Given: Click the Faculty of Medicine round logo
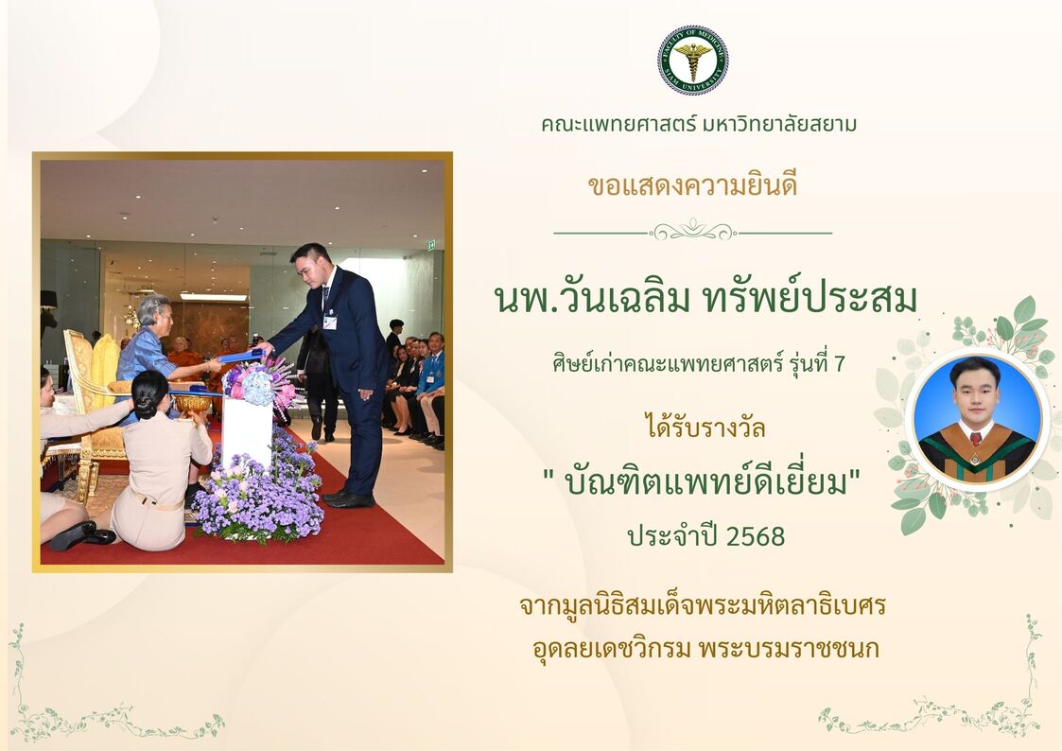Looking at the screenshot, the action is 693,61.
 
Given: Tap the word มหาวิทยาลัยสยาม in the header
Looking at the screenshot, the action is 779,124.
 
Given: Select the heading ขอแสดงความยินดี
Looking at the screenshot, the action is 693,184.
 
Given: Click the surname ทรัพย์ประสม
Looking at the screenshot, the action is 810,299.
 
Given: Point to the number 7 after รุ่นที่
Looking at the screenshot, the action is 840,364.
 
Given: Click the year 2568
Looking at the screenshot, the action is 756,536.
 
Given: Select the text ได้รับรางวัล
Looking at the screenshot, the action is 705,428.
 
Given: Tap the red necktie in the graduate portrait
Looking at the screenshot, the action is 975,439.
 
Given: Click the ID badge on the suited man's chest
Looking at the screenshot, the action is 329,321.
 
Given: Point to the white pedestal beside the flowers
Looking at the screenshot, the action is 247,432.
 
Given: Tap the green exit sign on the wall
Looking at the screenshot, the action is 431,246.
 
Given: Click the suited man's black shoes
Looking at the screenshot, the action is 350,498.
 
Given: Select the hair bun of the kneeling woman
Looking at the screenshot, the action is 145,405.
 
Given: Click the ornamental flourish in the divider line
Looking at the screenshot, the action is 693,231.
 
